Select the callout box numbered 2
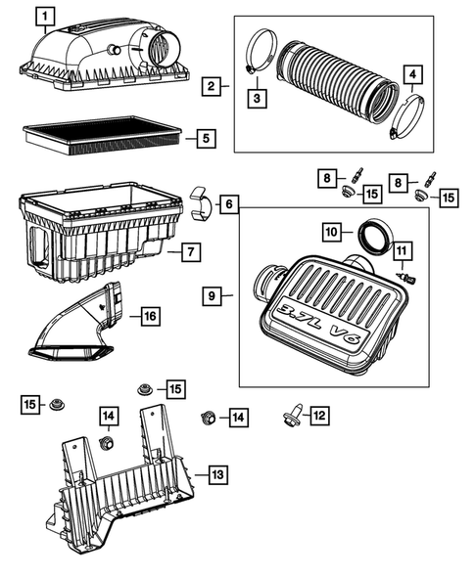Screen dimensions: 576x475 tap(211, 87)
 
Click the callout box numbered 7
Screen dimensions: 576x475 tap(192, 252)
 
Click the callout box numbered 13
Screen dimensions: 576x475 tap(217, 474)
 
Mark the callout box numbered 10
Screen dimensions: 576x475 tap(332, 231)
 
